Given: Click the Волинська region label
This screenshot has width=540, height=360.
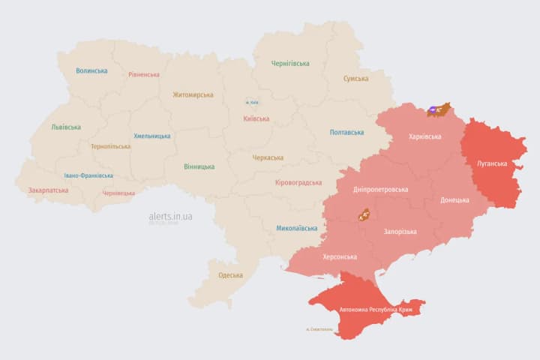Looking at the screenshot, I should [91, 70].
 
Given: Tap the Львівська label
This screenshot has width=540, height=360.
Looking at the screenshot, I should [66, 127].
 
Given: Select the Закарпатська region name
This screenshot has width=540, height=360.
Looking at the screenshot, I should [48, 190].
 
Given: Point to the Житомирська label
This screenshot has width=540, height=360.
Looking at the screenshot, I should [193, 94].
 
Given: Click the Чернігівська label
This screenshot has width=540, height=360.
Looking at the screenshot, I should [290, 63].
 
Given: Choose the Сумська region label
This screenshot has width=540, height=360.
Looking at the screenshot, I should [355, 78].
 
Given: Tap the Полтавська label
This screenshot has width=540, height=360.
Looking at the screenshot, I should [346, 132].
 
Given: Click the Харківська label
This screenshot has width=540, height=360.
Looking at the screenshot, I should [424, 136].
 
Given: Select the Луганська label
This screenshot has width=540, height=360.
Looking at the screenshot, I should [492, 163].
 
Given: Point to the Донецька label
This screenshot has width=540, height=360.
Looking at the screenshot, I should [454, 199].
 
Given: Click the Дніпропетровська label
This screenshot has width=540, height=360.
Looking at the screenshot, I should [380, 189].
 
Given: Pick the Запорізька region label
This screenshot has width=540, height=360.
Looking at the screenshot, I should [400, 232].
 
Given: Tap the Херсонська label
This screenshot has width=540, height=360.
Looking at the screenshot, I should [339, 256].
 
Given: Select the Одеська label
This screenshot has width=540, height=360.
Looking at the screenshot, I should [230, 274].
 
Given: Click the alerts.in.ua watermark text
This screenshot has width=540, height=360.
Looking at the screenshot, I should [170, 216].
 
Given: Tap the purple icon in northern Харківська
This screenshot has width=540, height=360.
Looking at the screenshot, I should [434, 110].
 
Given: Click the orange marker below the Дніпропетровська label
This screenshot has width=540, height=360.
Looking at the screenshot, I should [364, 214].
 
